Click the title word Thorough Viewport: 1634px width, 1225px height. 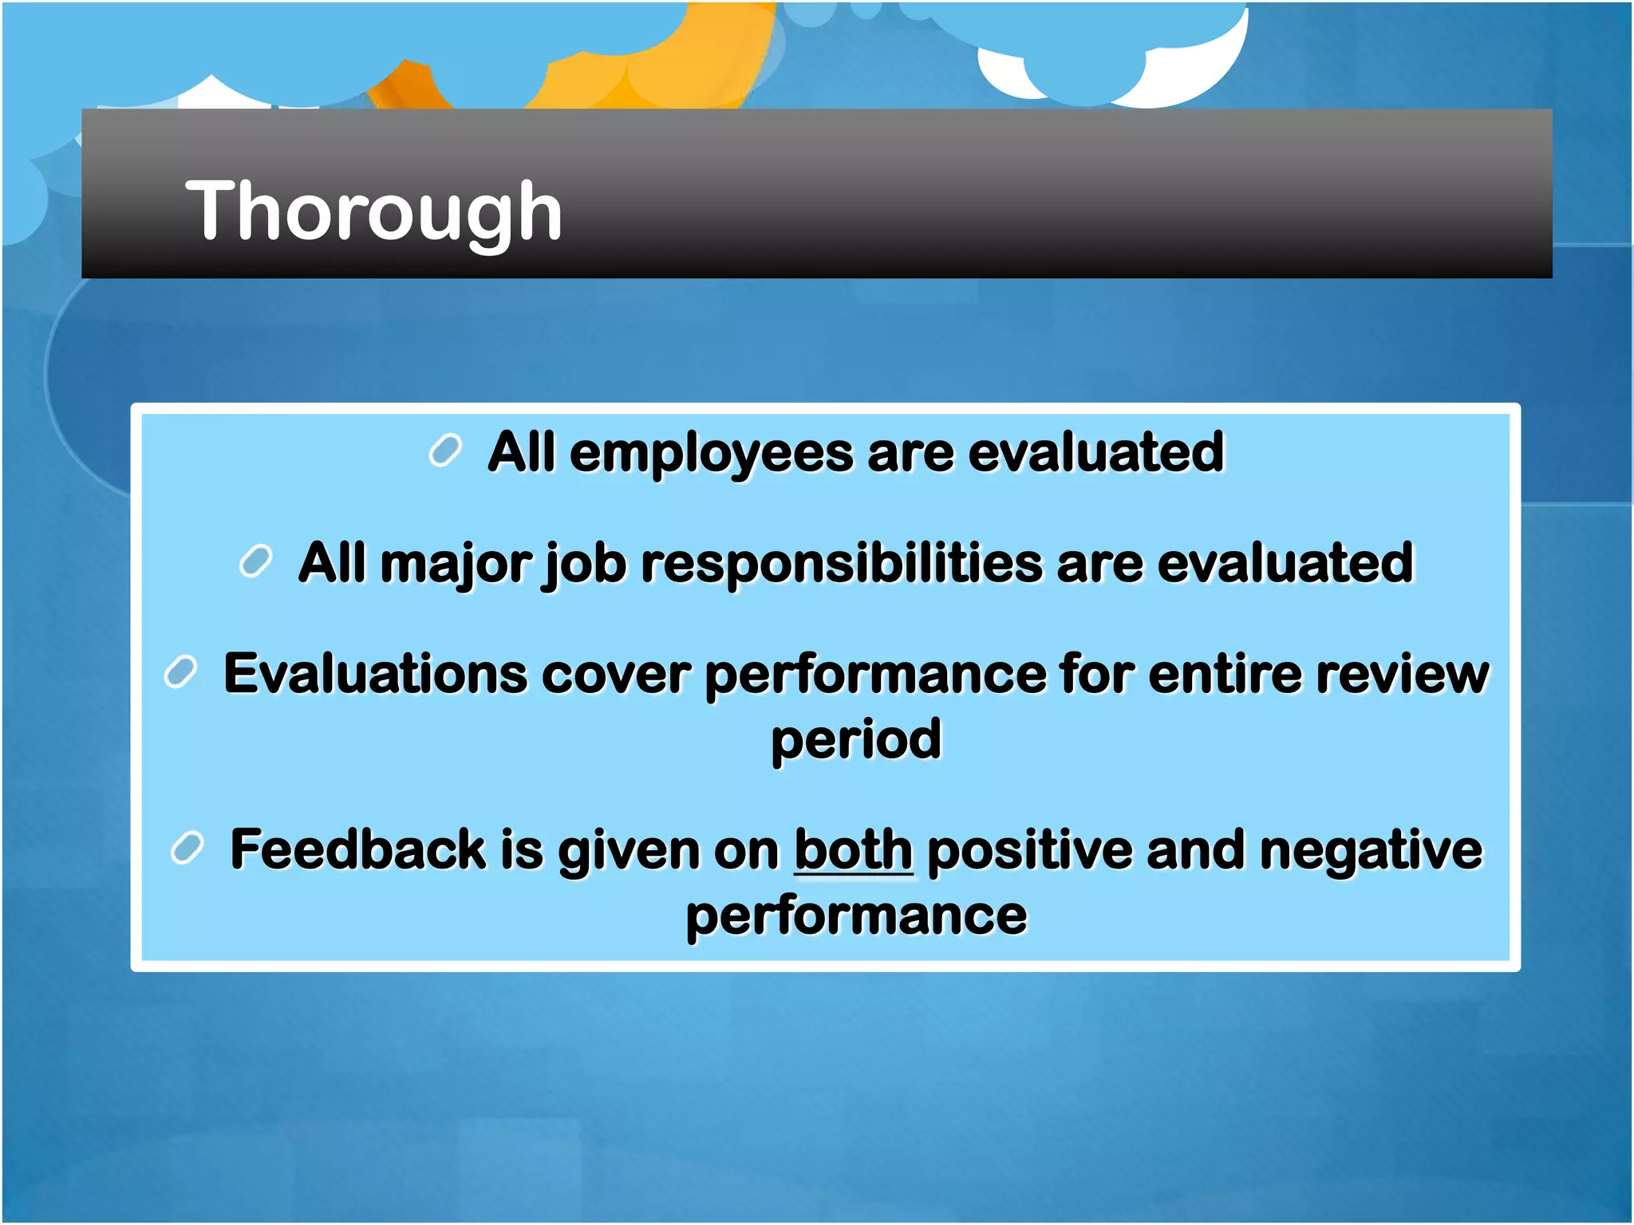[x=373, y=211]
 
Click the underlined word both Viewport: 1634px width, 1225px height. [x=853, y=850]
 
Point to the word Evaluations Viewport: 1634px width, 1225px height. [x=375, y=674]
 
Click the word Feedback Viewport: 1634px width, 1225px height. [x=357, y=850]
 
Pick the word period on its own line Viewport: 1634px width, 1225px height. [x=856, y=741]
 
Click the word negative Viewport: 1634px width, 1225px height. [x=1370, y=850]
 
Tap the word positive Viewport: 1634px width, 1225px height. [x=1029, y=850]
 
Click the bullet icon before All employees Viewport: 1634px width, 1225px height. [x=445, y=451]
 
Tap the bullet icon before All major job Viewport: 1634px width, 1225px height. [x=256, y=561]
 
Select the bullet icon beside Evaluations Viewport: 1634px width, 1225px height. [x=180, y=672]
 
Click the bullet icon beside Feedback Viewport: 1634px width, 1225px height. [x=187, y=847]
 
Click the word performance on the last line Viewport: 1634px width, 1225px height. [x=856, y=916]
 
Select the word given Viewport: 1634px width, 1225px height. [x=628, y=850]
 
